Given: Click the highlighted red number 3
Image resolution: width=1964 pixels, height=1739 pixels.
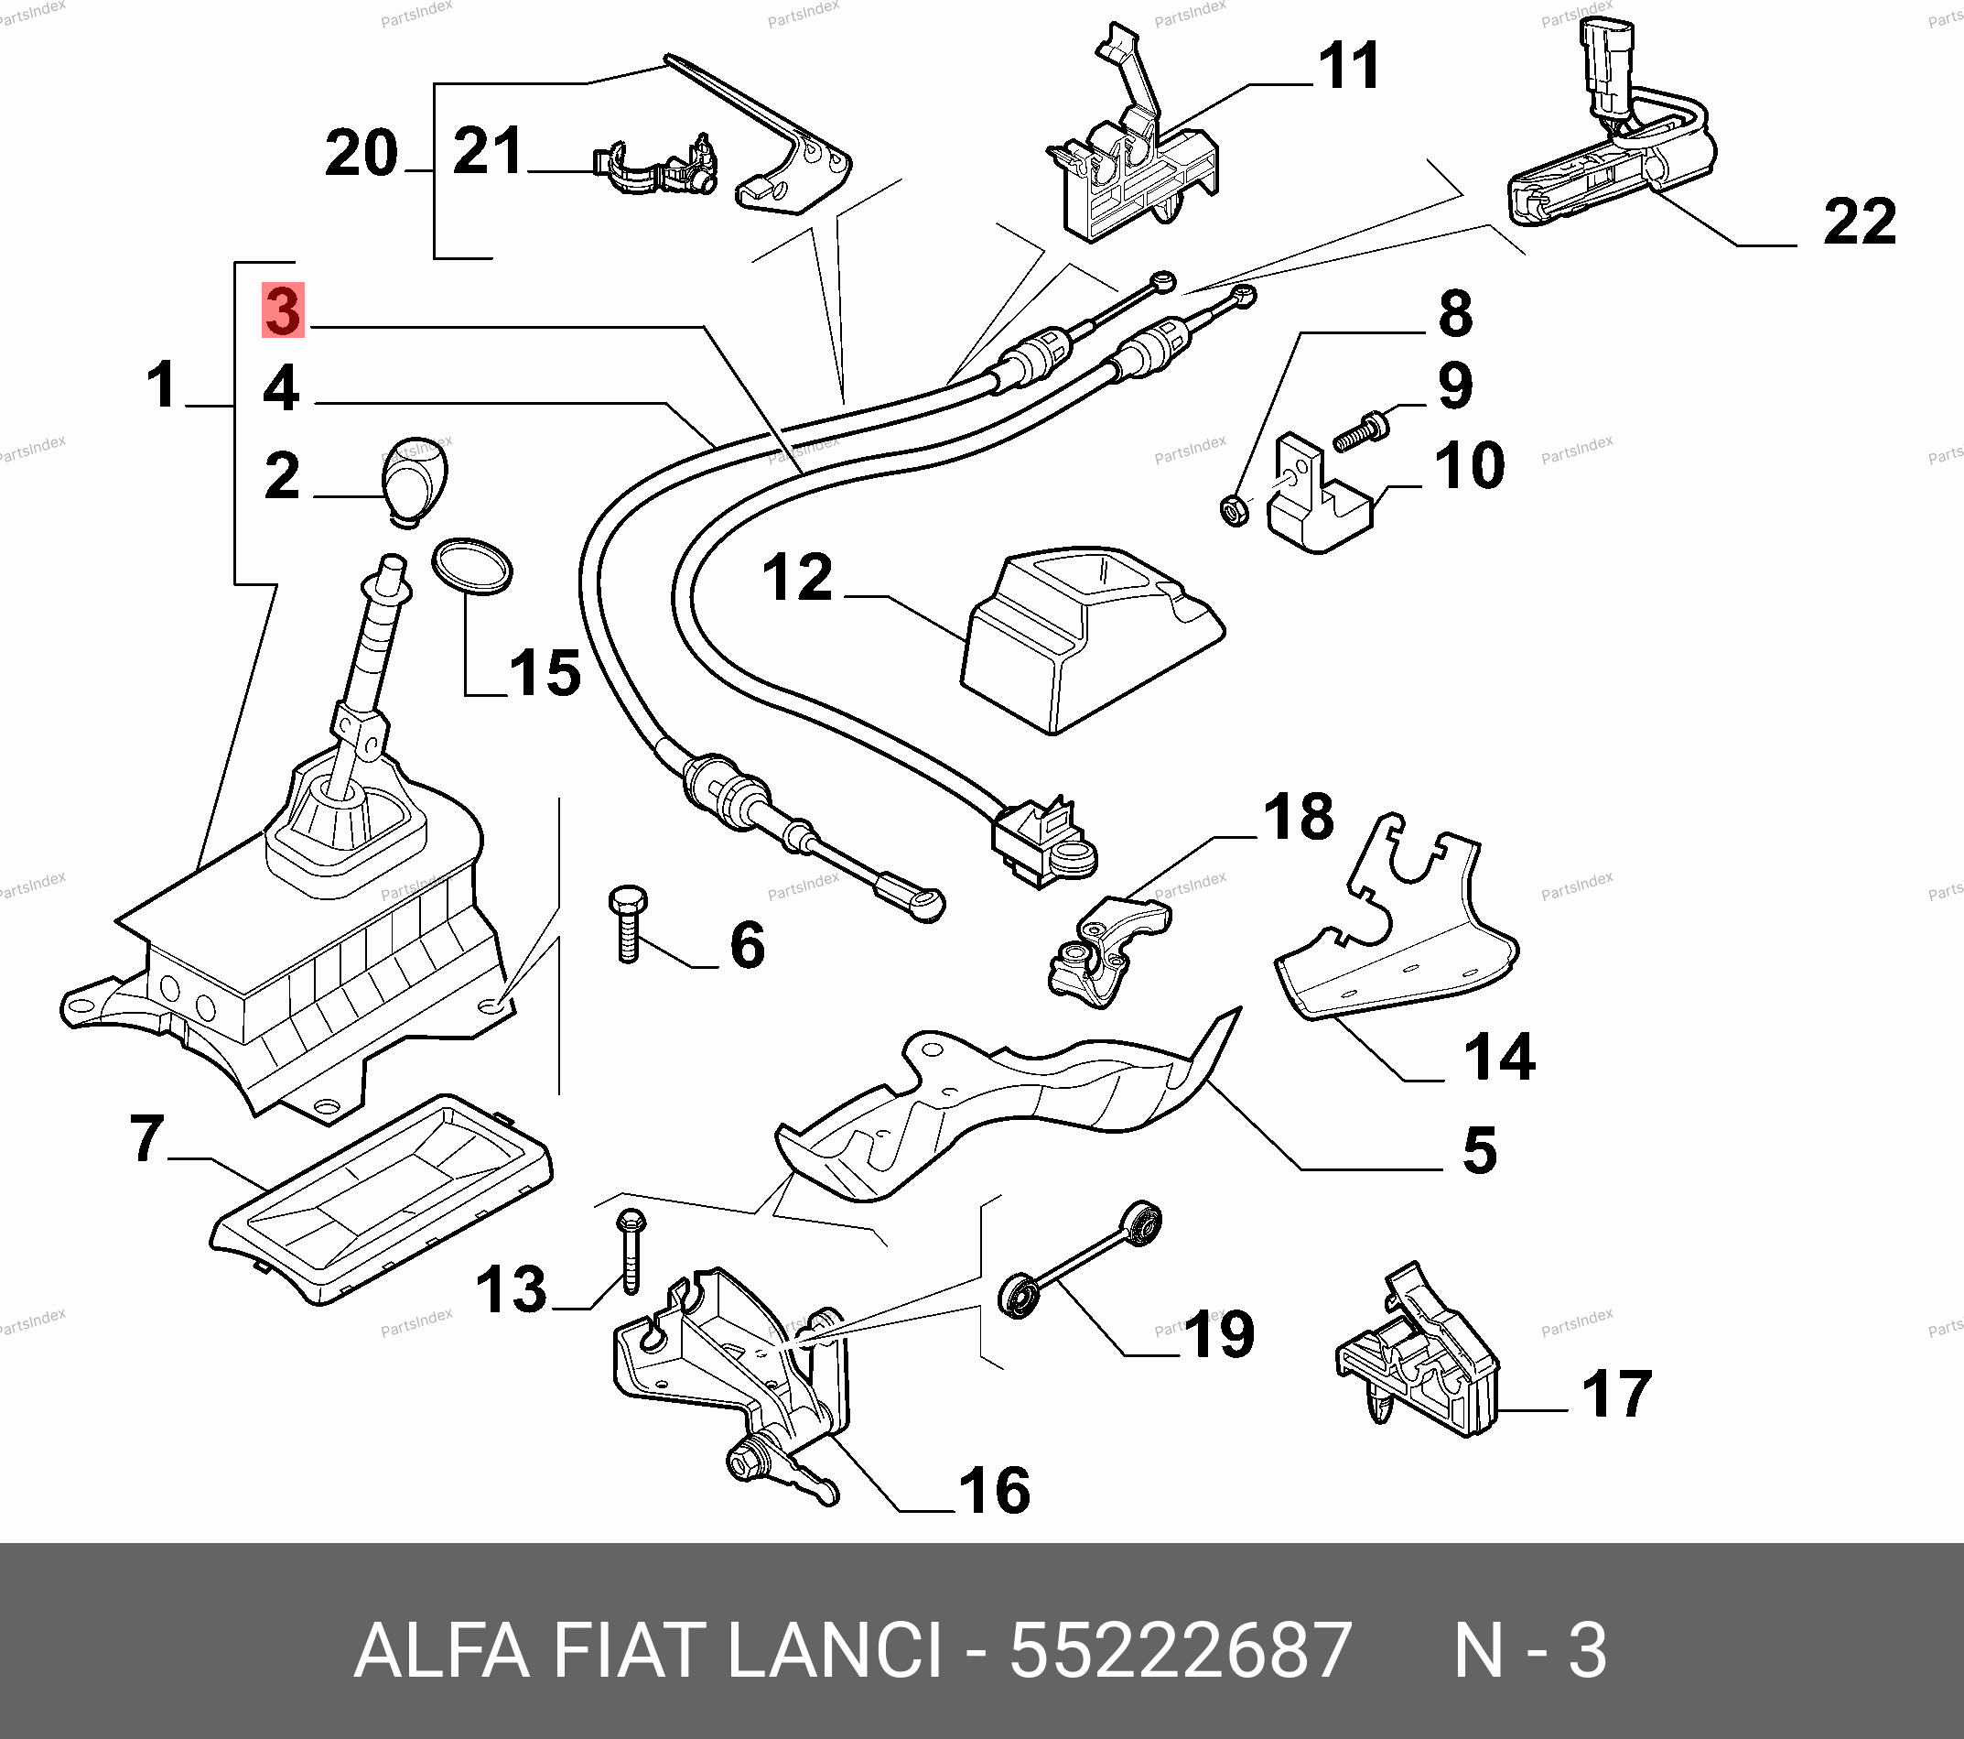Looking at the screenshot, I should (x=284, y=310).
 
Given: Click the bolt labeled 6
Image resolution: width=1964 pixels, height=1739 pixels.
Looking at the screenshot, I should (x=628, y=922).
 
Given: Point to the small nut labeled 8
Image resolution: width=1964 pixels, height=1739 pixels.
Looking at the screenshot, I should (x=1235, y=508).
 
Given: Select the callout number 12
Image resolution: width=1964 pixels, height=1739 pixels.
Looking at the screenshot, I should (x=796, y=578).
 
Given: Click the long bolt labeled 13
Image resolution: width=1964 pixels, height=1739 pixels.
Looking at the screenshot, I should (x=631, y=1251).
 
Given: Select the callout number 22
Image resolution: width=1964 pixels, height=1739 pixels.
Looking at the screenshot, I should (x=1860, y=222).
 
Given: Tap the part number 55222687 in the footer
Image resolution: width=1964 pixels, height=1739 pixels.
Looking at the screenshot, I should (x=1180, y=1650).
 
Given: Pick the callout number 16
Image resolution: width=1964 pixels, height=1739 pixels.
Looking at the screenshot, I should (x=995, y=1491).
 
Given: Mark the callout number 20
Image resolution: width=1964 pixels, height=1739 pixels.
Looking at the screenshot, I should (x=362, y=154).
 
